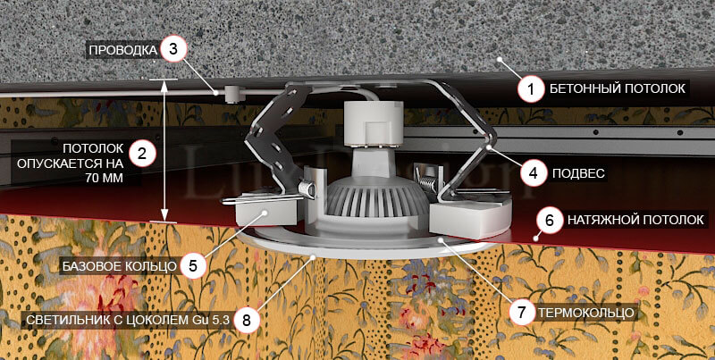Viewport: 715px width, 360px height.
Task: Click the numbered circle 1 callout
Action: click(531, 88)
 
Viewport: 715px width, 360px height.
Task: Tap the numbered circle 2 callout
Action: click(142, 153)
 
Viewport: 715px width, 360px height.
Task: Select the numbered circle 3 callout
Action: click(173, 49)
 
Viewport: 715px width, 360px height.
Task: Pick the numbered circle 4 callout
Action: click(534, 172)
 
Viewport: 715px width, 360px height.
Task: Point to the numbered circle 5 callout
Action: click(193, 265)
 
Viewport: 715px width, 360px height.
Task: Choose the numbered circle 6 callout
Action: click(550, 221)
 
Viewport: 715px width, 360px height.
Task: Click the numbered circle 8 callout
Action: click(247, 320)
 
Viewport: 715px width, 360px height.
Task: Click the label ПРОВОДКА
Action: click(122, 49)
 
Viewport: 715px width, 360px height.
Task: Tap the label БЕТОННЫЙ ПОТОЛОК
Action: click(617, 88)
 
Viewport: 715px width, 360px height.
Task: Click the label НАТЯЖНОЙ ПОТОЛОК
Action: click(635, 221)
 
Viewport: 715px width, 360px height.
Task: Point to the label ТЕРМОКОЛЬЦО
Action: click(586, 313)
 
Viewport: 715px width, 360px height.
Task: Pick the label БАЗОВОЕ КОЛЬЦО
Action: click(119, 266)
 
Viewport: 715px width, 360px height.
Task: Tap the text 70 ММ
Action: click(104, 179)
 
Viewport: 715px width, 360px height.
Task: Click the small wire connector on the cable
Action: click(232, 94)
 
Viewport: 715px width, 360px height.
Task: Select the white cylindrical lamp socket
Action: click(373, 122)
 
